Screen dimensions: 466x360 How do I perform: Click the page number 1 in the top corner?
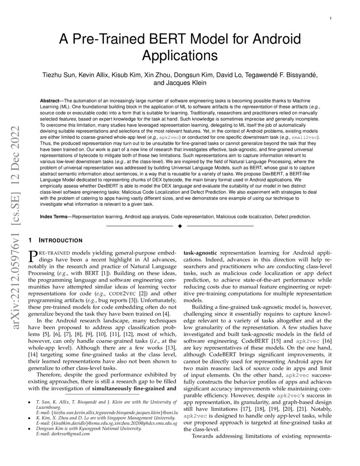coord(330,19)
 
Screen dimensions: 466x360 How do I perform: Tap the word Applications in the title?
coord(180,56)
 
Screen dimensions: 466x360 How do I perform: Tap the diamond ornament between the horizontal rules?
coord(180,227)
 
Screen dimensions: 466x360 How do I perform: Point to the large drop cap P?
coord(32,256)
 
